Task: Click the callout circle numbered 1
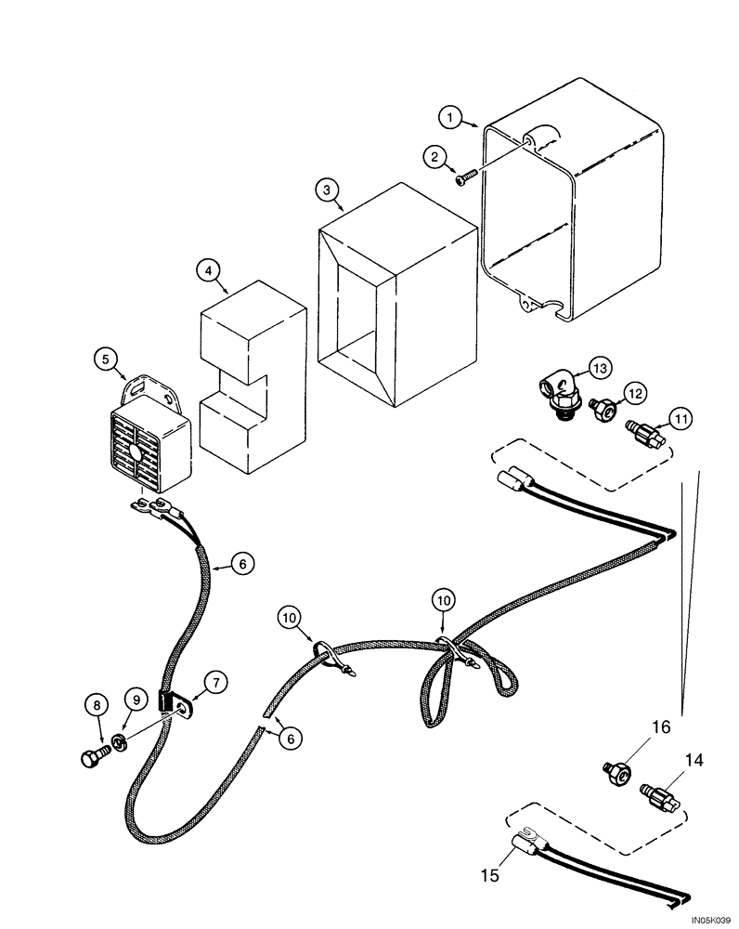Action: tap(450, 117)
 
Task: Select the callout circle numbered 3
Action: tap(325, 190)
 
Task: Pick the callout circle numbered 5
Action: tap(107, 358)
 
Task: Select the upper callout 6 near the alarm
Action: tap(240, 562)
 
